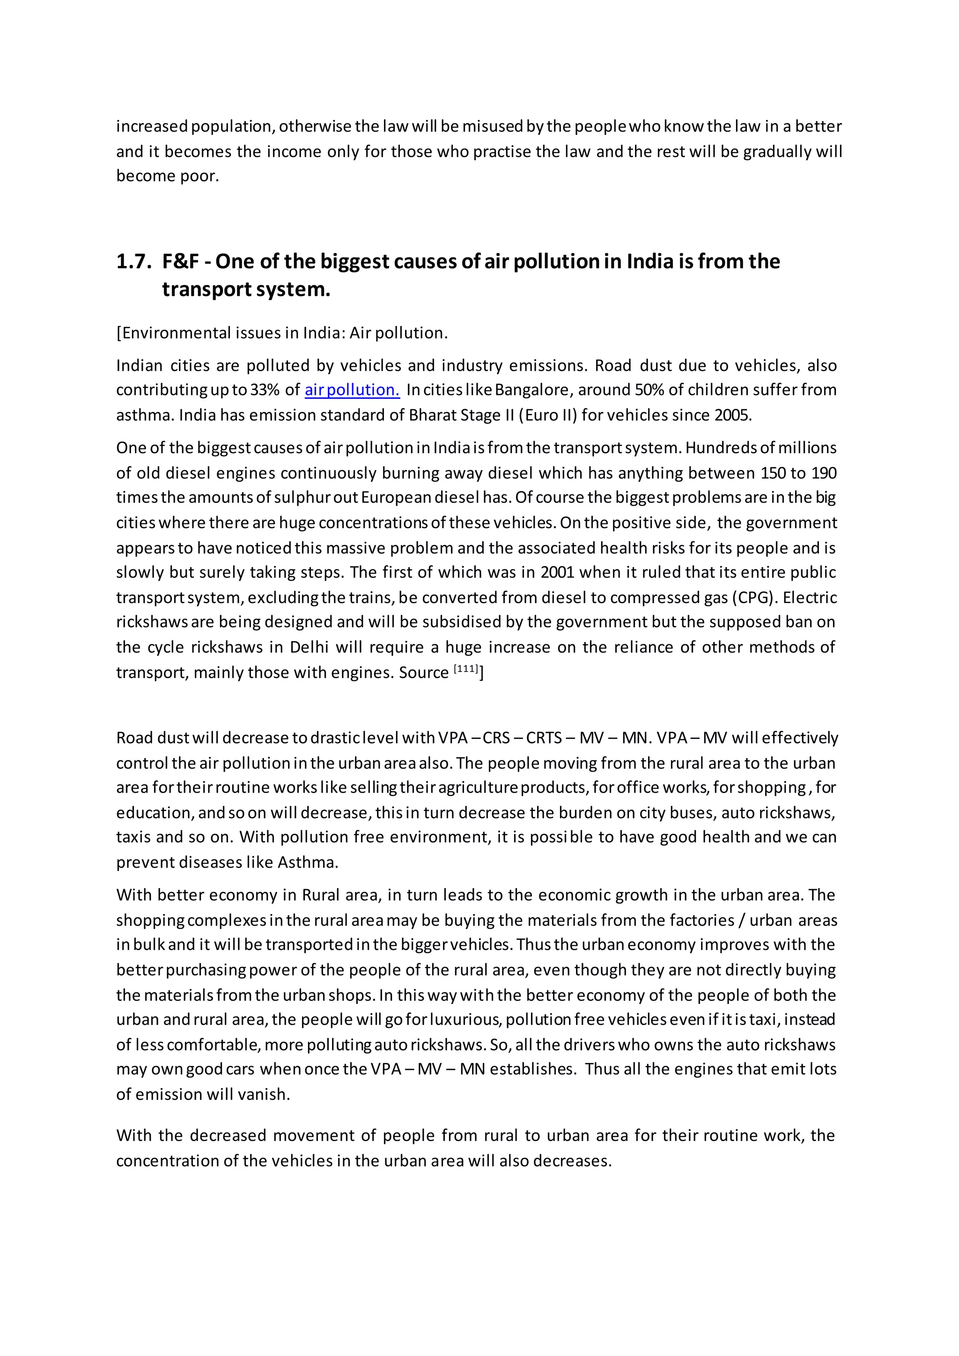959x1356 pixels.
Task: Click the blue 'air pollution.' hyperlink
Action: (x=352, y=391)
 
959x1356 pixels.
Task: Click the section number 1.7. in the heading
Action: (x=134, y=262)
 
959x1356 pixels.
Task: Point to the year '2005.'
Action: (x=733, y=415)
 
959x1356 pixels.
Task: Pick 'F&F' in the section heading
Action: (x=181, y=262)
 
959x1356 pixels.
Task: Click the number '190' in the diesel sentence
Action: (x=824, y=473)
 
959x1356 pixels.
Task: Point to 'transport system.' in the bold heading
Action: (x=246, y=289)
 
